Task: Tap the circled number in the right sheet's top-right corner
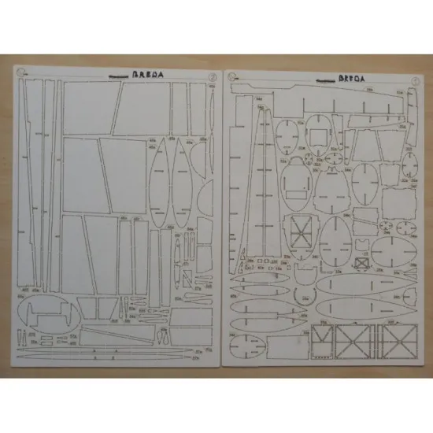coord(412,79)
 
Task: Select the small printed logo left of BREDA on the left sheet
coord(116,80)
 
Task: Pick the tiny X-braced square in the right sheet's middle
coord(362,264)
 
